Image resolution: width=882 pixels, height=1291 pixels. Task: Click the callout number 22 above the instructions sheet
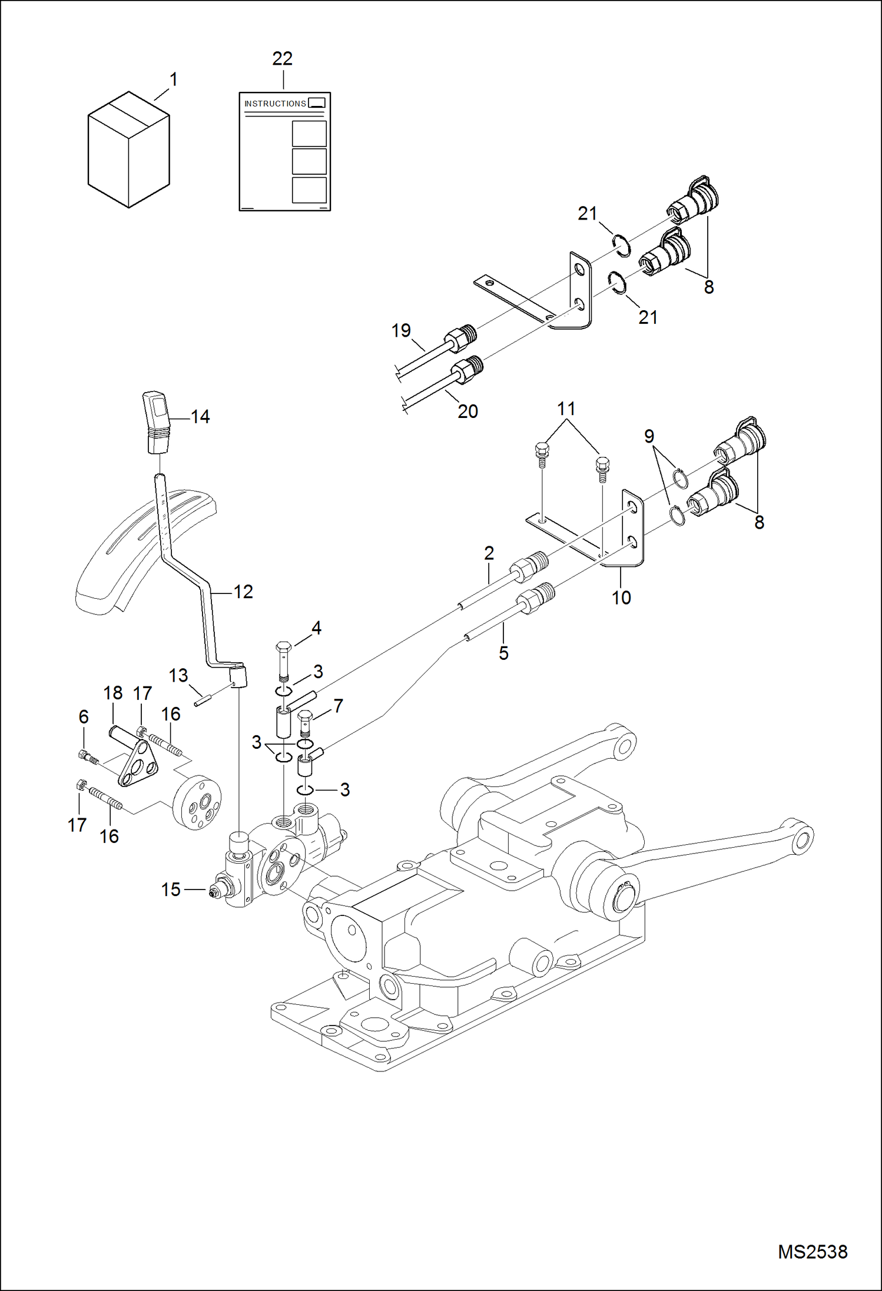coord(283,58)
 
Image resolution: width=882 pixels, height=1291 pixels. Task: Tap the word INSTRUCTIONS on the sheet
coord(275,104)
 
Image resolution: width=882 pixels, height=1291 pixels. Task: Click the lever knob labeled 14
coord(155,422)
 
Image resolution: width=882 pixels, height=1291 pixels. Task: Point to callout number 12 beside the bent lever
coord(243,592)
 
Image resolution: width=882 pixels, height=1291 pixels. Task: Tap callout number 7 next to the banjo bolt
coord(338,705)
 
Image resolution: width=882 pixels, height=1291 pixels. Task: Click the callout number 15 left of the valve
coord(171,890)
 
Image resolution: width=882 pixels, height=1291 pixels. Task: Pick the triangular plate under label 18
coord(137,765)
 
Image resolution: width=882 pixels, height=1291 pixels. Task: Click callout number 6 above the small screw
coord(84,716)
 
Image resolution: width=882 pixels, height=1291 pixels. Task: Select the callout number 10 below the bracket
coord(621,598)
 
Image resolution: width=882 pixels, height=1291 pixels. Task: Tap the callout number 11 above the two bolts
coord(566,409)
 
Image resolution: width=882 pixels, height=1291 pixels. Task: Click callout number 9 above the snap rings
coord(649,436)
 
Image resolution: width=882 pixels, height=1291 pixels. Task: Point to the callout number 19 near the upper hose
coord(401,330)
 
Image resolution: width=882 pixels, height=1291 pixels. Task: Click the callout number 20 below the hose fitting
coord(467,411)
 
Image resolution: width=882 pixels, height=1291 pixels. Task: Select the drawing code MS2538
coord(813,1252)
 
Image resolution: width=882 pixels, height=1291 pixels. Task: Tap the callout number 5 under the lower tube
coord(503,653)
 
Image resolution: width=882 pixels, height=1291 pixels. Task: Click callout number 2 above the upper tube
coord(489,553)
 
